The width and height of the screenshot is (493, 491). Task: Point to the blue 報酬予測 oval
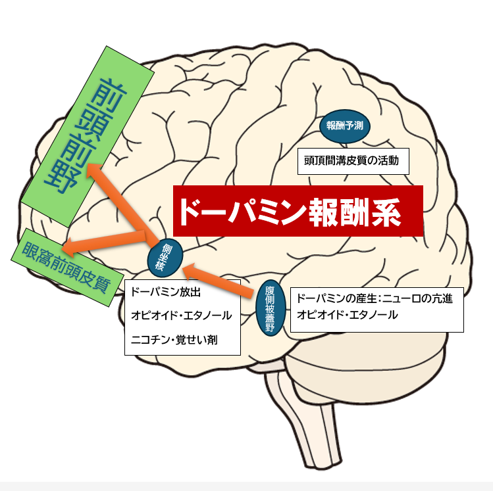(345, 126)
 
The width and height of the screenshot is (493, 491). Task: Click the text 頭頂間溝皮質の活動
(352, 160)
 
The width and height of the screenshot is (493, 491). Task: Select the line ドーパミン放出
(165, 291)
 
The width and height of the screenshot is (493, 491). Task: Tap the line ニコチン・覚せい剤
(174, 340)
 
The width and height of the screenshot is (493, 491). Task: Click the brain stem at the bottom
(296, 408)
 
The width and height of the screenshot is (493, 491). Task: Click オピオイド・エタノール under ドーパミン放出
(181, 316)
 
